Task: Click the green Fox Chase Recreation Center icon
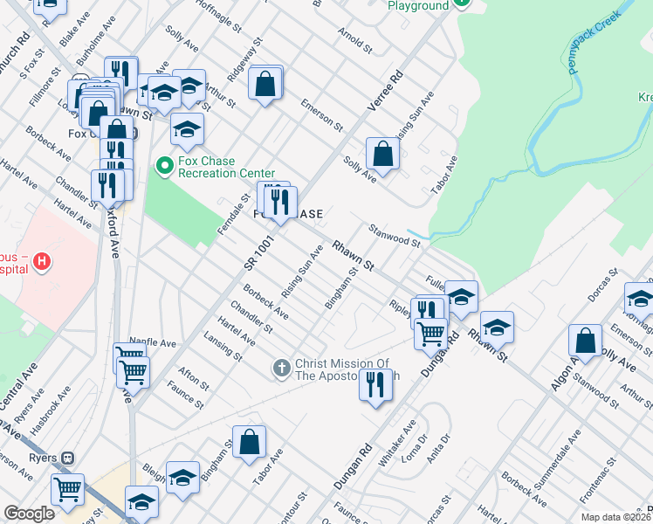tap(163, 164)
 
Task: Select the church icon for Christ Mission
tap(281, 368)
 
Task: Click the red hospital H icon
tap(42, 260)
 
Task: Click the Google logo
tap(29, 514)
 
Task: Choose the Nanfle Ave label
tap(147, 341)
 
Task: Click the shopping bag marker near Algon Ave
tap(585, 340)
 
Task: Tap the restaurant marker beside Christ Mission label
tap(375, 384)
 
